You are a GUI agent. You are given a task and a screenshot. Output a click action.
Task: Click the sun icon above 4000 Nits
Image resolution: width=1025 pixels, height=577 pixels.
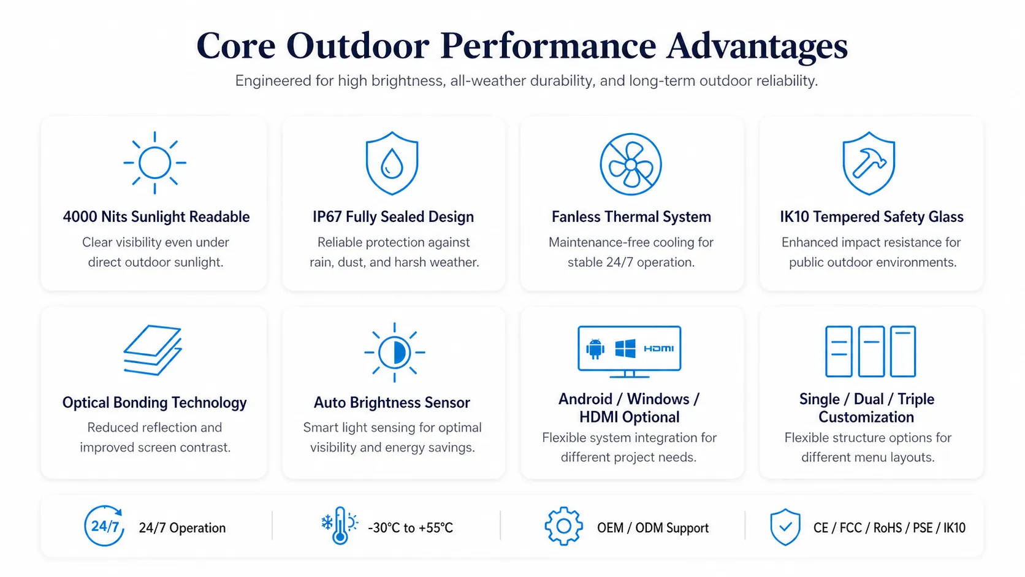[154, 163]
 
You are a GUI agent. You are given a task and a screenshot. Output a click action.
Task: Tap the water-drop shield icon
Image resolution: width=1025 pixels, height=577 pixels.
[392, 163]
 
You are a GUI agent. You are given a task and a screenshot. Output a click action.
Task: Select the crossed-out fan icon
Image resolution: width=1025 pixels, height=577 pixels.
[631, 164]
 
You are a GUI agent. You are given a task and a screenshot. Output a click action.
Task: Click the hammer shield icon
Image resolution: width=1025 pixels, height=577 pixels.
[869, 163]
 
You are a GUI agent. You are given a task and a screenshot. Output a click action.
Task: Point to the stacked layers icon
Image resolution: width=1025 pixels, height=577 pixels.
[153, 350]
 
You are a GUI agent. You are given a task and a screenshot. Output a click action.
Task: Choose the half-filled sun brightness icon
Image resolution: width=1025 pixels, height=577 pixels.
[394, 353]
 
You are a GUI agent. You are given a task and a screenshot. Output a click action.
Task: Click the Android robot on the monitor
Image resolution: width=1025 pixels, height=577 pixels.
[595, 349]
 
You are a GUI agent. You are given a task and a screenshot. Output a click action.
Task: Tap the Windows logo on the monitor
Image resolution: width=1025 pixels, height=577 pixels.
[625, 349]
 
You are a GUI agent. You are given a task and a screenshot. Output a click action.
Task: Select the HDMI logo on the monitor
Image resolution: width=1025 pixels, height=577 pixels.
[658, 349]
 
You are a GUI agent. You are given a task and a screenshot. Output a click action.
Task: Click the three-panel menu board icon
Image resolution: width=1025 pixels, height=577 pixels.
[871, 351]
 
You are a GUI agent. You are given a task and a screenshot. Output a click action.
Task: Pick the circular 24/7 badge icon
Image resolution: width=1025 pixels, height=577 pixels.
[104, 525]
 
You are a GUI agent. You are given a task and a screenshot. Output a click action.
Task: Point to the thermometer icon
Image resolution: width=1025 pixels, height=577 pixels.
[340, 525]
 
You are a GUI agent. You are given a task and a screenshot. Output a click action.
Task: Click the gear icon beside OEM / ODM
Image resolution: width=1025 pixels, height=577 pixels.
[563, 526]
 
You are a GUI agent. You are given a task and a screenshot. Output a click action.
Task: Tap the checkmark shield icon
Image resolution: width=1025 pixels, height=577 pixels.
[785, 527]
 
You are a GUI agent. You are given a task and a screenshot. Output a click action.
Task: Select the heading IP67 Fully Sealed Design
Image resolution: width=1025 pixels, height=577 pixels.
[393, 217]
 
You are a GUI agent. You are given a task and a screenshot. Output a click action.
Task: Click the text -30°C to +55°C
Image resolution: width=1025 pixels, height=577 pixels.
[411, 528]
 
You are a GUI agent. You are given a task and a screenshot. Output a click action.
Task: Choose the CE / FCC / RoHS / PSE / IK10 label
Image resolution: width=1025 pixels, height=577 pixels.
[889, 528]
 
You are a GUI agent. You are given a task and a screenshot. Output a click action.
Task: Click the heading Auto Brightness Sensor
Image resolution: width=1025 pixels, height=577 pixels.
[392, 403]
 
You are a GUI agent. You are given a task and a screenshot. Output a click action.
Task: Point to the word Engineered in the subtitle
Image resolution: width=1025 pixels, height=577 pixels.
[273, 82]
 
